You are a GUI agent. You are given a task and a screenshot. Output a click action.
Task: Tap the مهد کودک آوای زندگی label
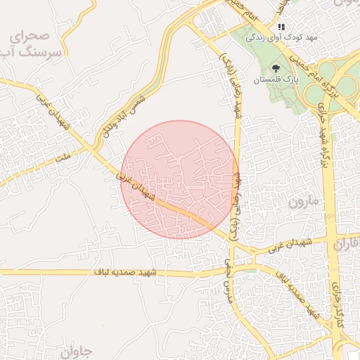pos(281,37)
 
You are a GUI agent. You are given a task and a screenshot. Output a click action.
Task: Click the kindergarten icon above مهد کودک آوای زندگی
pos(281,26)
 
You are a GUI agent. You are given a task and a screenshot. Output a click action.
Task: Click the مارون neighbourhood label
pos(304,202)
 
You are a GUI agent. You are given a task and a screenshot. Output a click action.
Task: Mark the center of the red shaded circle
pos(179,179)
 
